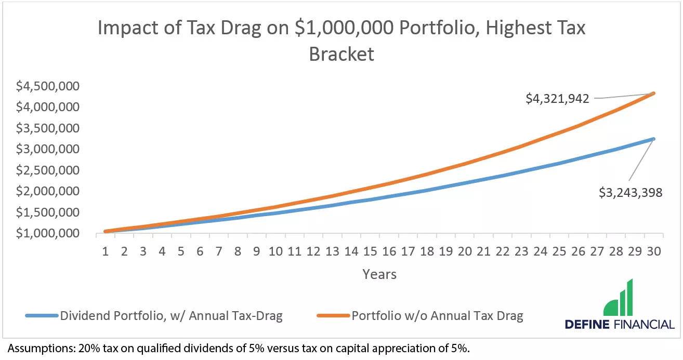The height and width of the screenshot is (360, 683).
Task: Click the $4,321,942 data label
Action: pos(557,98)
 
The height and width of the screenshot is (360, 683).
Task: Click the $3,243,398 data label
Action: pos(630,193)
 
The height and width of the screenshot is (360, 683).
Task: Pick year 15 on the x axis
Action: pos(370,251)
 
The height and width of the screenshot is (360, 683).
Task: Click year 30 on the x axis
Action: pos(653,251)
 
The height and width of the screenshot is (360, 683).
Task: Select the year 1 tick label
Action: pos(106,251)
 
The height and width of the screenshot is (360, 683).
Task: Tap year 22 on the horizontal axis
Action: pos(502,251)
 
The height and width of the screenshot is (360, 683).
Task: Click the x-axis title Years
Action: pos(379,274)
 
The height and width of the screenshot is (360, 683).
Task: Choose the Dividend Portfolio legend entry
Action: pos(171,316)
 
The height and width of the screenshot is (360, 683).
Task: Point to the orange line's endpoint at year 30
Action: pos(653,94)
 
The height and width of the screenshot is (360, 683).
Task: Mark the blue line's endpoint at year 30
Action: pos(653,139)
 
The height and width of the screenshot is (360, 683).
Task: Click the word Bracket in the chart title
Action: pos(342,54)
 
